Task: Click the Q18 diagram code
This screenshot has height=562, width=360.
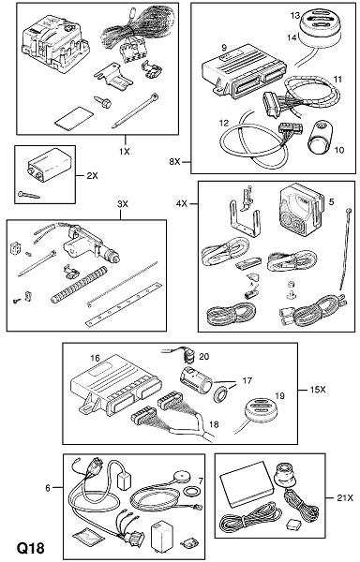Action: click(31, 548)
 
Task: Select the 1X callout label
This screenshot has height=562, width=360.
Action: click(125, 151)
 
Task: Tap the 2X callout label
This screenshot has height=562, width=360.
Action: click(92, 176)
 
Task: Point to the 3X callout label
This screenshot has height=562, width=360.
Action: click(122, 204)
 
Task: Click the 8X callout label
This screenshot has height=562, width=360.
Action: click(174, 162)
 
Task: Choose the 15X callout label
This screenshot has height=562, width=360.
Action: click(318, 390)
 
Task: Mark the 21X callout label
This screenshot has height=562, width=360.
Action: click(345, 497)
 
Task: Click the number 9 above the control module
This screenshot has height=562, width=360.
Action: click(224, 48)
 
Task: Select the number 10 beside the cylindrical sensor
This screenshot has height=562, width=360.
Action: click(338, 150)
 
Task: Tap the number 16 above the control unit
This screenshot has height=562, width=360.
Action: click(95, 358)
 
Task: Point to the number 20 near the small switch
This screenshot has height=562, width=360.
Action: click(203, 356)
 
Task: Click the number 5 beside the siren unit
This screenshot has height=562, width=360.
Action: click(331, 201)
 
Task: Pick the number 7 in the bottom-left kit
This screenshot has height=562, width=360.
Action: click(201, 481)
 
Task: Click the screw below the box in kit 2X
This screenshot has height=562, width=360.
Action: click(28, 195)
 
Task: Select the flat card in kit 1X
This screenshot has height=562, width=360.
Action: click(73, 116)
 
